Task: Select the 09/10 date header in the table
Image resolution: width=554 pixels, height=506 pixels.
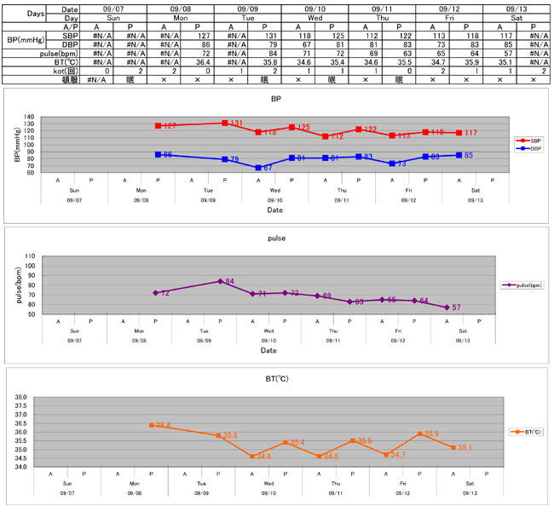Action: point(315,7)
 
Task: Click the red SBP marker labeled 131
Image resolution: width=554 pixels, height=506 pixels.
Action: point(224,123)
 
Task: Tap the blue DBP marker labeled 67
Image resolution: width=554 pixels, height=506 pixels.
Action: point(257,168)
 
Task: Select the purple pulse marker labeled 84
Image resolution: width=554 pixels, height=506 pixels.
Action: point(221,281)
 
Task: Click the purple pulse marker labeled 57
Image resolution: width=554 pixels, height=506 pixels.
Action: point(447,308)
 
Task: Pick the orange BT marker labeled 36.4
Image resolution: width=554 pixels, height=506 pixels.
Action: point(151,424)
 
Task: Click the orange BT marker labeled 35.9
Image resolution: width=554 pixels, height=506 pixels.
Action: point(420,434)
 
